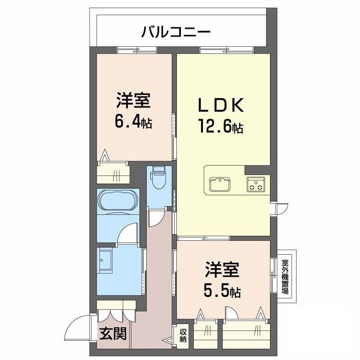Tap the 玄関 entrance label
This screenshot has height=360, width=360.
(113, 333)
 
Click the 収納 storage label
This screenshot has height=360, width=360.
(183, 336)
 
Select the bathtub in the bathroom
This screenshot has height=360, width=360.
(117, 200)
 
